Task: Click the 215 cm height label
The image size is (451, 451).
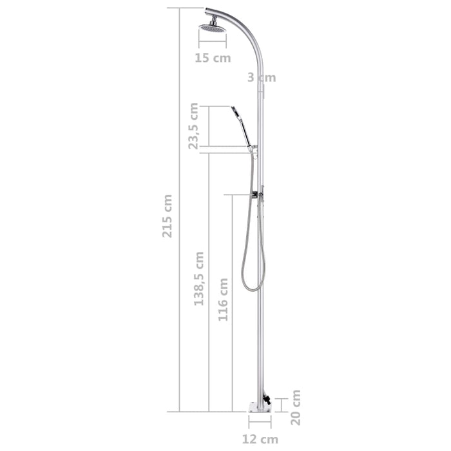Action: pos(168,216)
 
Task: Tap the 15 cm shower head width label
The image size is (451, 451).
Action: pos(213,58)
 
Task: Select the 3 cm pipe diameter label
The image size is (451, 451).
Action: pos(262,78)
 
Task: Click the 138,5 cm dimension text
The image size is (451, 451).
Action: pos(199,278)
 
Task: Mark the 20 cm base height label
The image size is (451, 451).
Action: pos(296,407)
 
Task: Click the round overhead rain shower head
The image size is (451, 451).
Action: pos(212,27)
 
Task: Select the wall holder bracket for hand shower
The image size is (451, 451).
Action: pos(254,149)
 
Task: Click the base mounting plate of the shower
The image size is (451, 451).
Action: pos(260,407)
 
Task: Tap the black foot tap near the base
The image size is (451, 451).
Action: pos(267,399)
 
